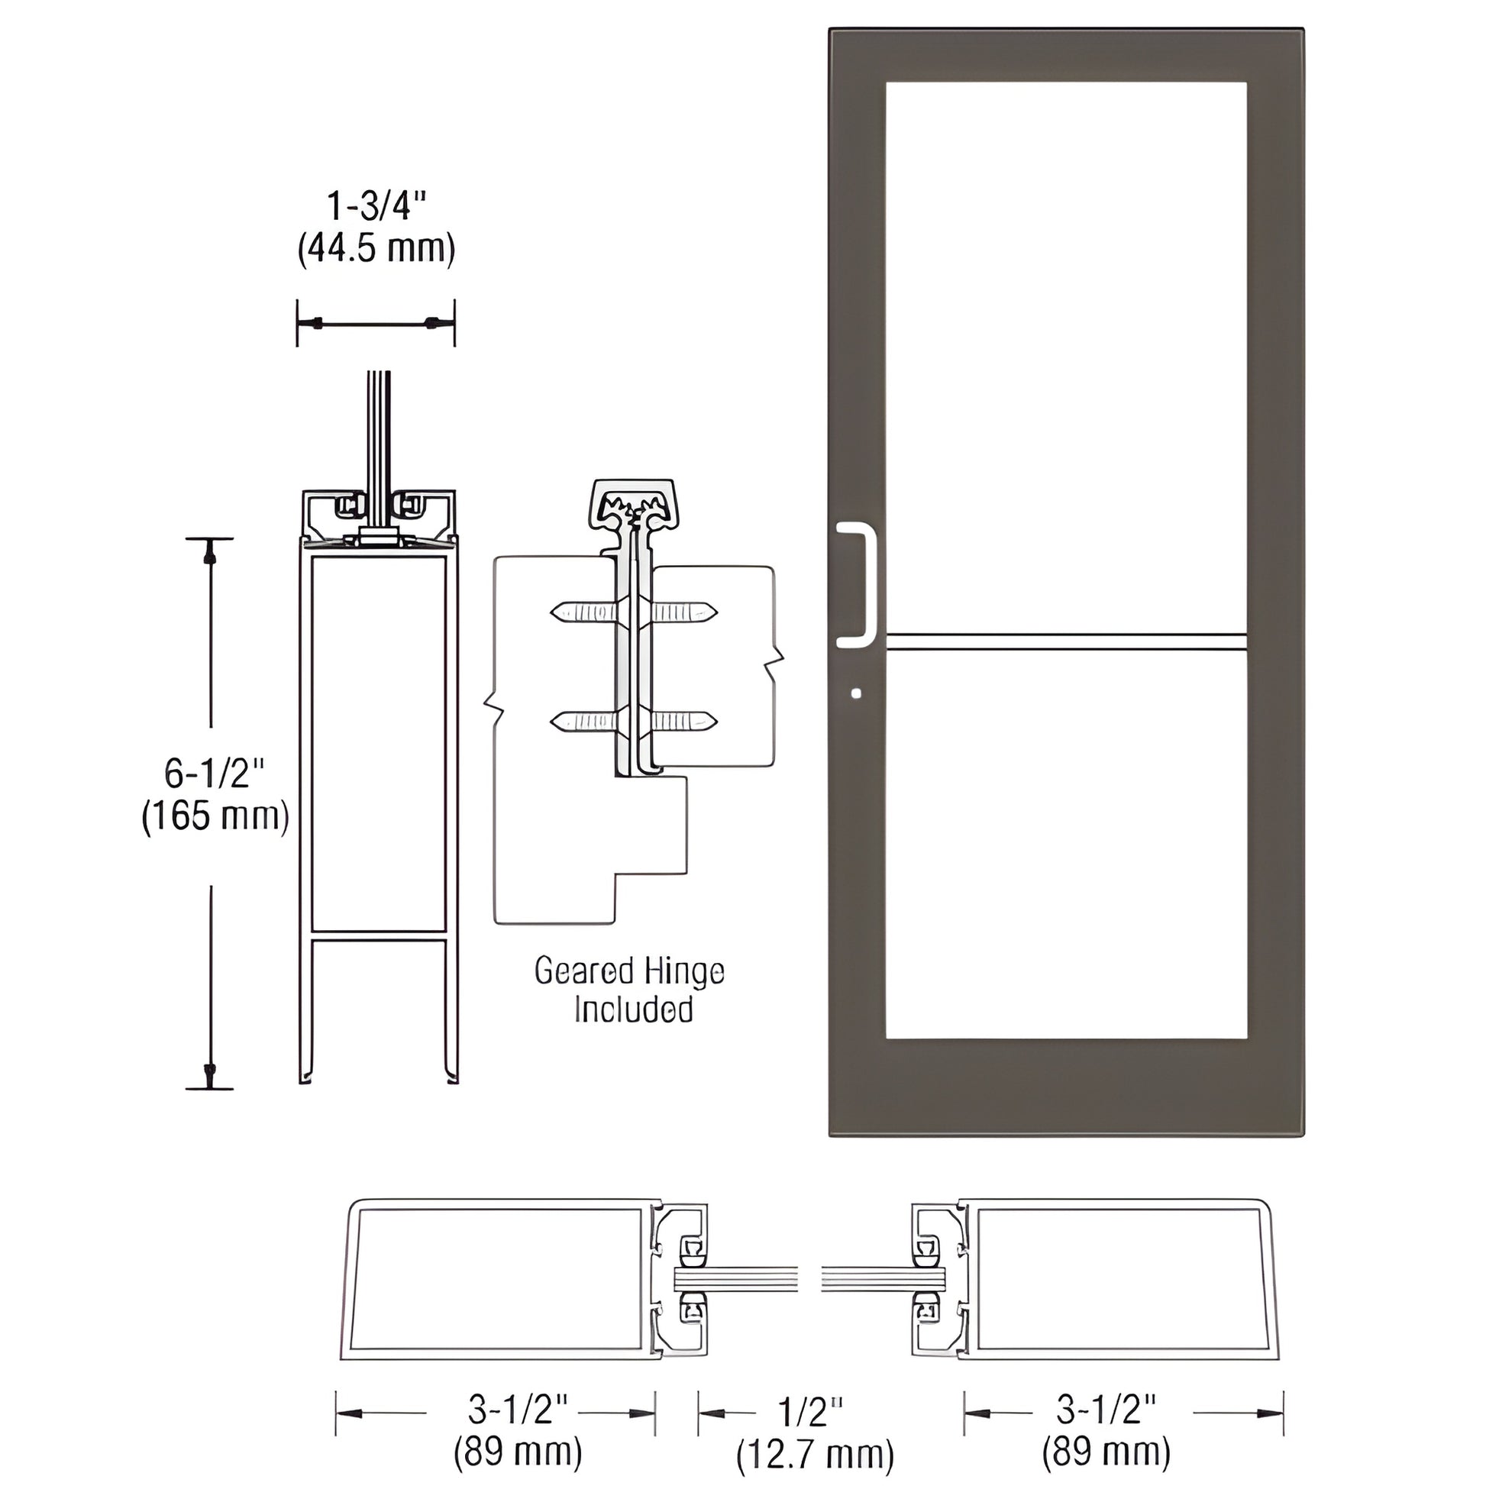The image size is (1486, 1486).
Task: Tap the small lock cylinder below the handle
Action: tap(857, 694)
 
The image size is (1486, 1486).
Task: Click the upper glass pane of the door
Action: tap(1066, 354)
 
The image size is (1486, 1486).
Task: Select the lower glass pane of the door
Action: tap(1066, 846)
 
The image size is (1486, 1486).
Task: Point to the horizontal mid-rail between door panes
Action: tap(1066, 642)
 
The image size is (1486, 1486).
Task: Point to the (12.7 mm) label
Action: tap(815, 1455)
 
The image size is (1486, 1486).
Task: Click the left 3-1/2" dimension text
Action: tap(517, 1410)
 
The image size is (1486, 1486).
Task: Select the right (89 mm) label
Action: tap(1106, 1452)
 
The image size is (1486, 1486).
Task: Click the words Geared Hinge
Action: tap(629, 971)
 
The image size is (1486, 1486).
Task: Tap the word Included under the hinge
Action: tap(633, 1010)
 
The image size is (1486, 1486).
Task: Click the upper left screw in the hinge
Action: tap(582, 612)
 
